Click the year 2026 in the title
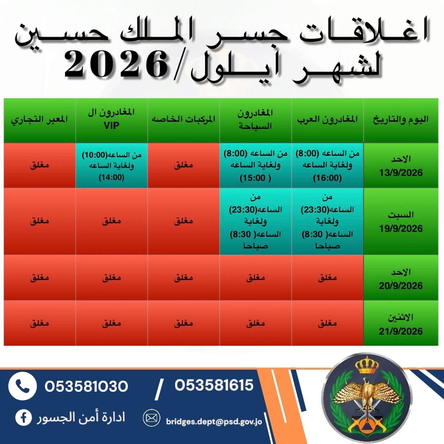click(x=116, y=65)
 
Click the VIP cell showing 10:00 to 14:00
click(x=111, y=166)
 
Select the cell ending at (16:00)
click(x=327, y=166)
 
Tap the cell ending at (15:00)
click(x=255, y=166)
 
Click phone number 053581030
click(x=86, y=386)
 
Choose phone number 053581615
click(x=214, y=385)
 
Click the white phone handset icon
click(x=23, y=386)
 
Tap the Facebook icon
click(x=23, y=418)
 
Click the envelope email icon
click(x=151, y=418)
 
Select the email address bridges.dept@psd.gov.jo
click(x=214, y=422)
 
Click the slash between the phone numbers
click(x=160, y=389)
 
